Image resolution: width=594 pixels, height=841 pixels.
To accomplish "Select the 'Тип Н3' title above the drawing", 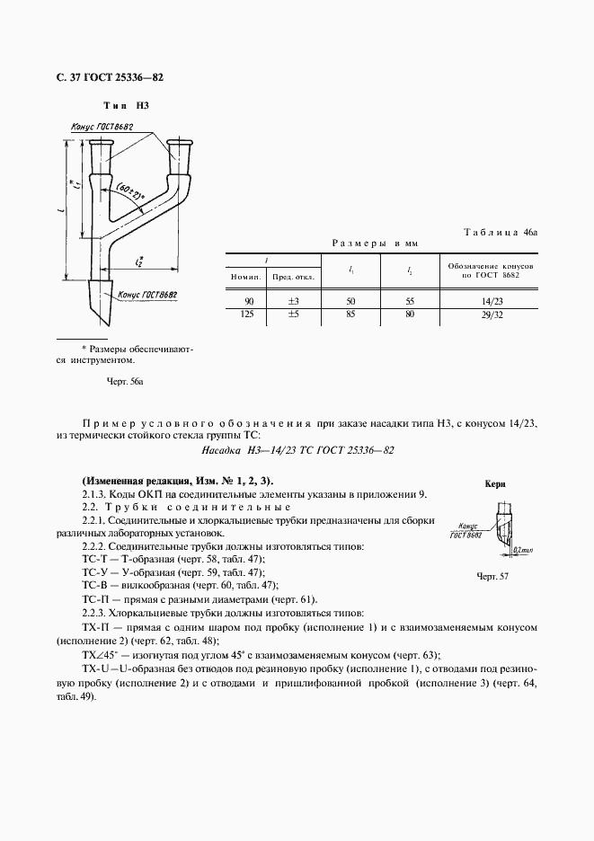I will pos(126,106).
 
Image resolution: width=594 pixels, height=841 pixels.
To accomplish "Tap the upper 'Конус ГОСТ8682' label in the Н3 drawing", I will pos(102,128).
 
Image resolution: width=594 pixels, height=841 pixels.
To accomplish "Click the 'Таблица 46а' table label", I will pos(500,232).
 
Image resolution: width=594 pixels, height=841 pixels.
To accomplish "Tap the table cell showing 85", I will pos(350,314).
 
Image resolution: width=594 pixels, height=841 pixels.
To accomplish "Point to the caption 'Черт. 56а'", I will pos(125,382).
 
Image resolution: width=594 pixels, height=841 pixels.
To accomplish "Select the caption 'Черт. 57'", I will pos(493,576).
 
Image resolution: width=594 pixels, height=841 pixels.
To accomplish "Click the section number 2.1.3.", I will pos(94,494).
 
